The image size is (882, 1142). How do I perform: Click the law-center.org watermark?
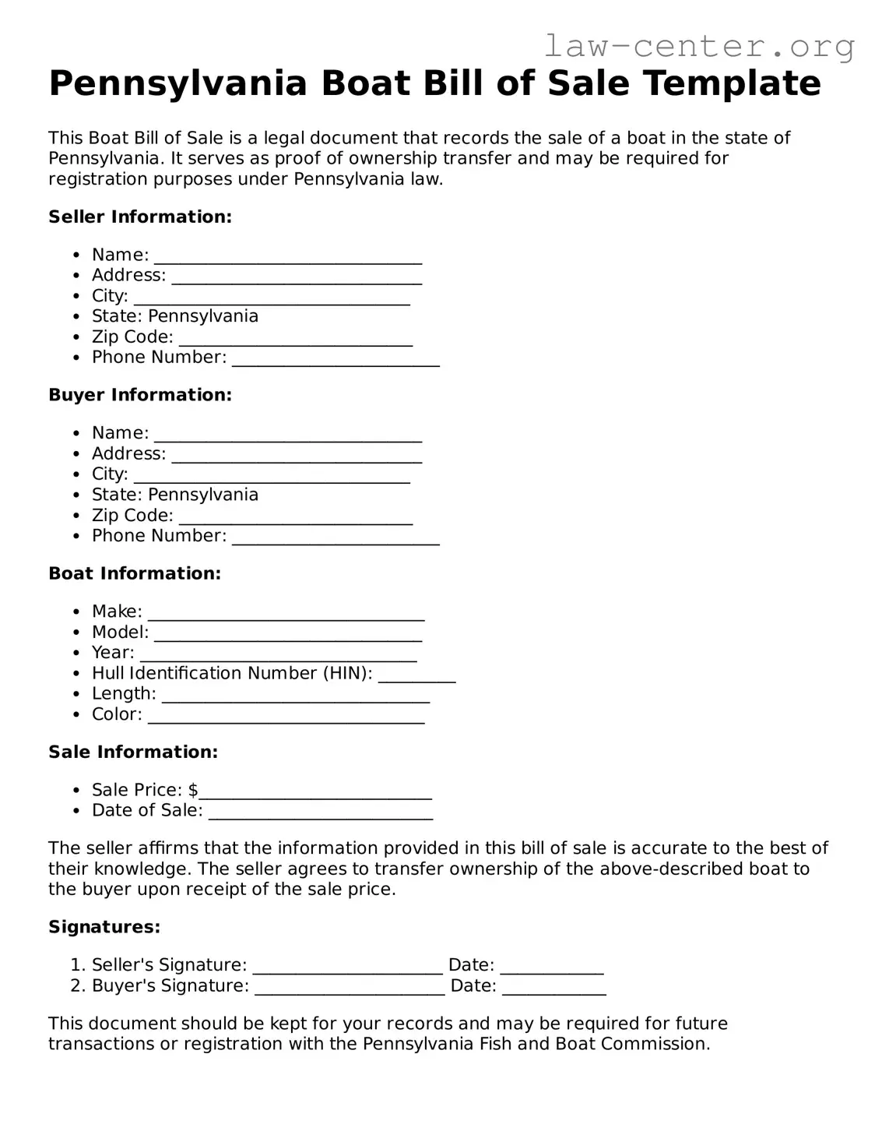[x=698, y=46]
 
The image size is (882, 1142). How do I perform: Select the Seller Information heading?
[x=140, y=217]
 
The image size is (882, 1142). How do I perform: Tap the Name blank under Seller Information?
[x=288, y=256]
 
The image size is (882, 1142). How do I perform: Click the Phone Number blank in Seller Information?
[x=336, y=359]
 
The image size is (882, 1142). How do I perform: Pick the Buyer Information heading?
[x=140, y=396]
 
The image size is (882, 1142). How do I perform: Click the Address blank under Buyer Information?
[x=297, y=456]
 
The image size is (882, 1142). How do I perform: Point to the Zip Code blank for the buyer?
[x=296, y=517]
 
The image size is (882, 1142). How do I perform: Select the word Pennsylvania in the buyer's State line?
[x=203, y=495]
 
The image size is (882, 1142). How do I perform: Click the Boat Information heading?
[x=135, y=574]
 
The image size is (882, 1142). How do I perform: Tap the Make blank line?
[x=286, y=613]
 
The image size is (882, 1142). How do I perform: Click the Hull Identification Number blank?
[x=416, y=675]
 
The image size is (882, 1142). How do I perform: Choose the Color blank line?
[x=286, y=716]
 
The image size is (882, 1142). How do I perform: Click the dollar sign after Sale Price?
[x=193, y=791]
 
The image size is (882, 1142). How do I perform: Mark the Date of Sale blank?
[x=321, y=812]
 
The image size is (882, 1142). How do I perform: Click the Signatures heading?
[x=104, y=928]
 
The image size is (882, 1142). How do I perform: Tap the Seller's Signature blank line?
[x=348, y=967]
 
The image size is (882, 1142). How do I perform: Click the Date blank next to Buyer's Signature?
[x=553, y=988]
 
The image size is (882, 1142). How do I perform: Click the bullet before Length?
[x=76, y=695]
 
